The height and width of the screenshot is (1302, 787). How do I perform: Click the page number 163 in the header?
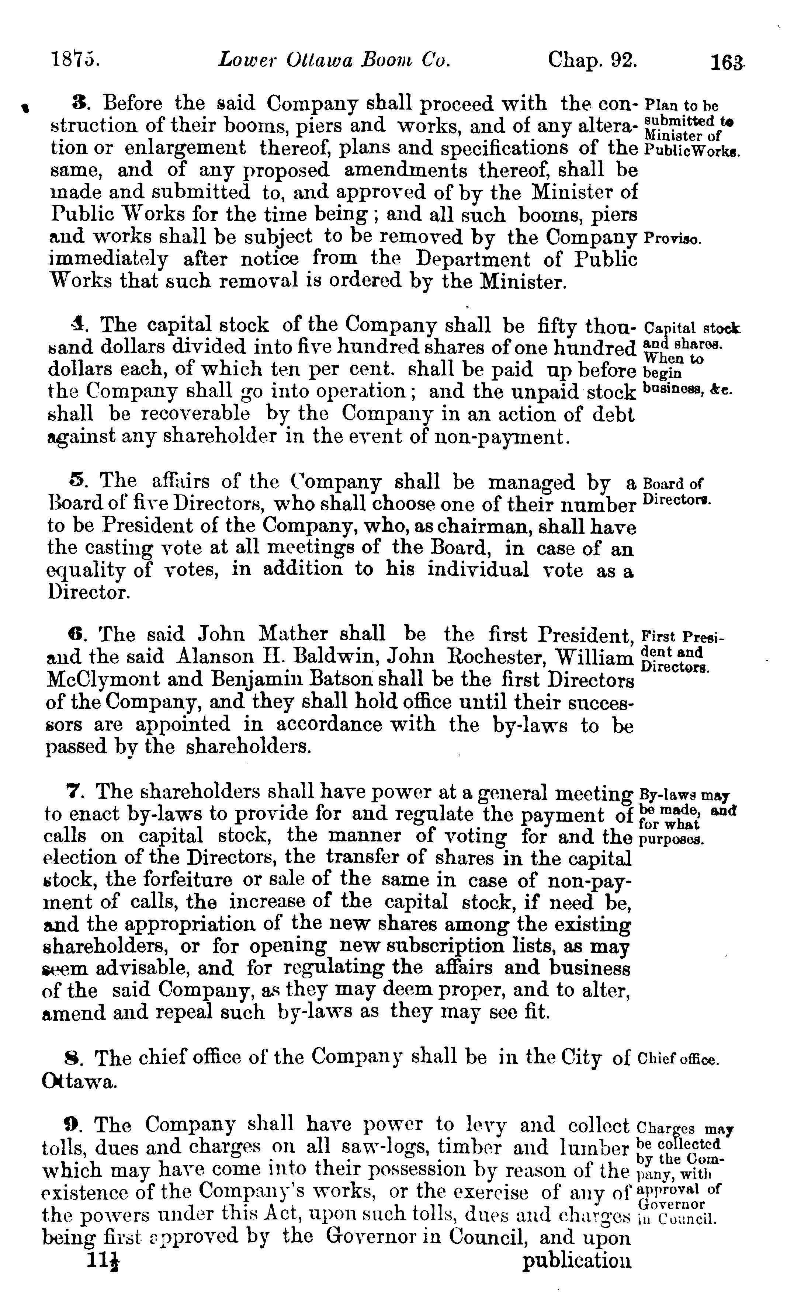pos(728,62)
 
